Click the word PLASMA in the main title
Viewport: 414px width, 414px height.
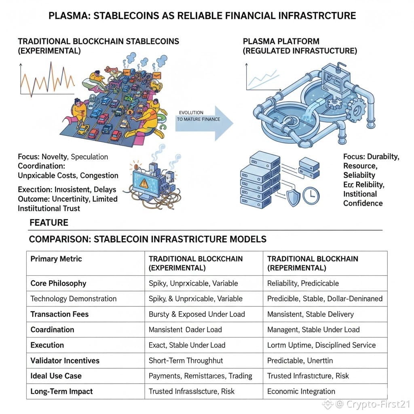68,16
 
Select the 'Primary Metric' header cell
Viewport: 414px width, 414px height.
56,259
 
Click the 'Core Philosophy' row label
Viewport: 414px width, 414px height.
58,283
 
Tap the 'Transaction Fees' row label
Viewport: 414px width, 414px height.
59,314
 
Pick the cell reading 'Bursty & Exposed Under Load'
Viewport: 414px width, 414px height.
196,314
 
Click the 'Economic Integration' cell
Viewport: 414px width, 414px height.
301,391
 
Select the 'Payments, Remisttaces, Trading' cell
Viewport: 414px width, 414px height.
200,376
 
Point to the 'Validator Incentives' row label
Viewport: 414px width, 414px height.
65,361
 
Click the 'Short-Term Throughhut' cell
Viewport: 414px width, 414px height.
186,361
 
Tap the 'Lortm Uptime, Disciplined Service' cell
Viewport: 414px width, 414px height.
321,345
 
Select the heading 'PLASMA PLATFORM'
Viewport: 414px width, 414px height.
281,41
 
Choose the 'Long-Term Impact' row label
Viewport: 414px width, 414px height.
61,391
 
